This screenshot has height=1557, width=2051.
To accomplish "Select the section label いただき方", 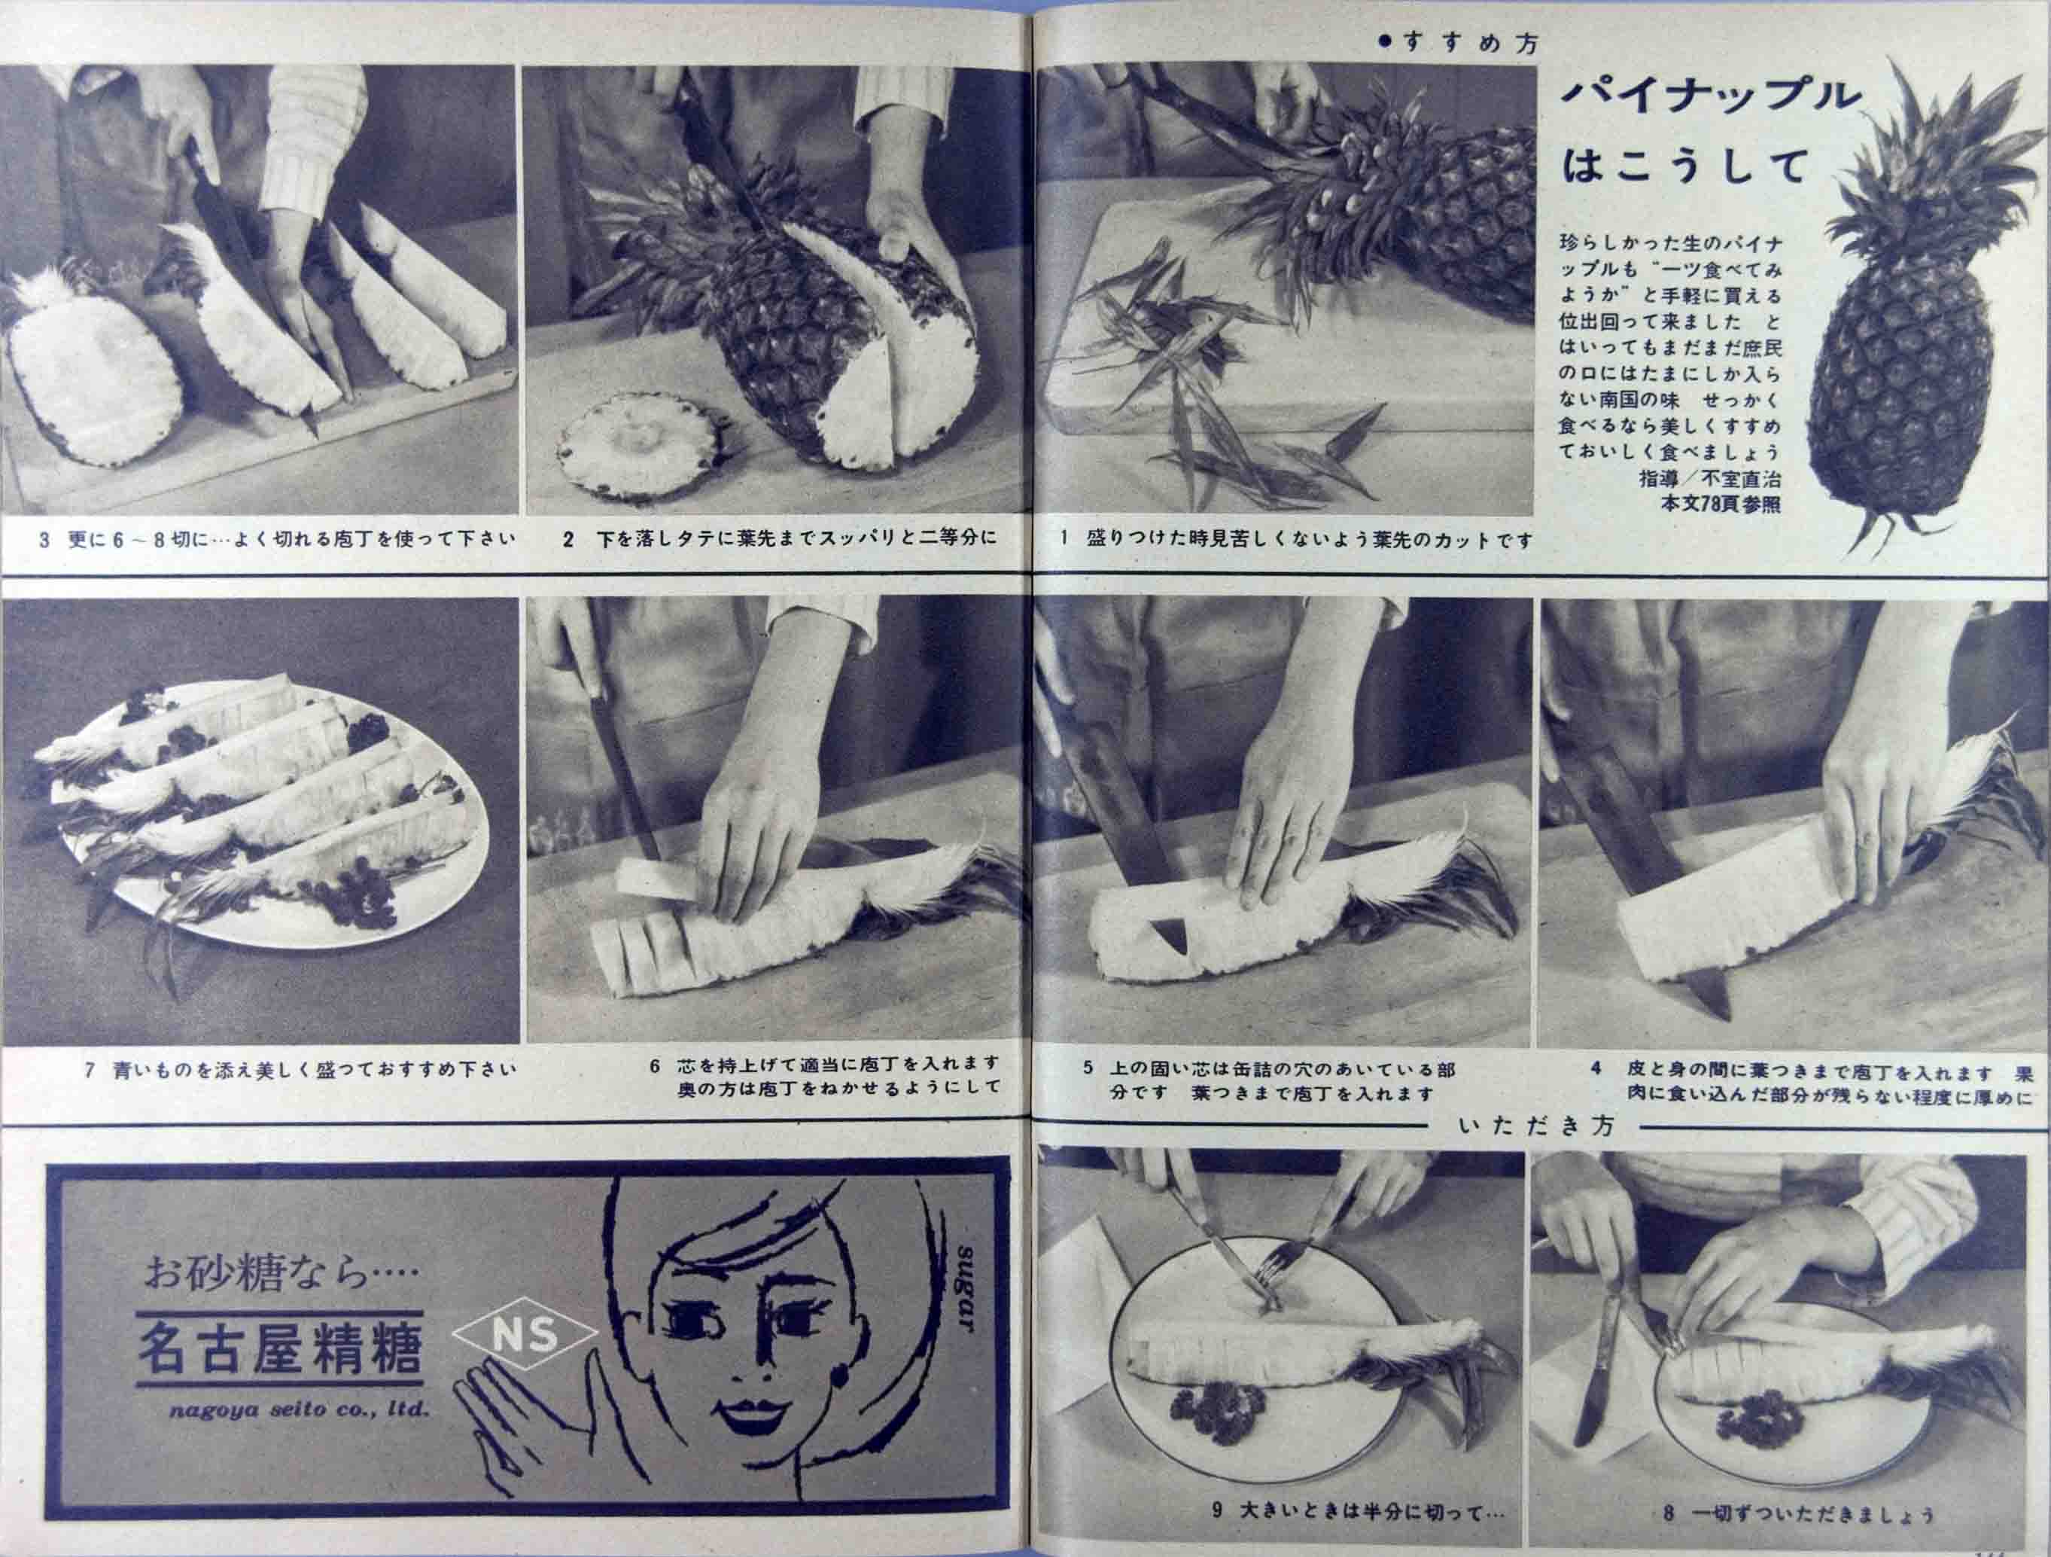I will pos(1535,1126).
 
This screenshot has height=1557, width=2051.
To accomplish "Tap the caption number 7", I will pos(89,1069).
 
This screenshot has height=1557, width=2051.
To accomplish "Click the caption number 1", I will pos(1065,539).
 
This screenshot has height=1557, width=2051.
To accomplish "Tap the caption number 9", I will pos(1218,1512).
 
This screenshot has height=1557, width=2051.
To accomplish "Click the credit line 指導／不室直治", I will pos(1709,480).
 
